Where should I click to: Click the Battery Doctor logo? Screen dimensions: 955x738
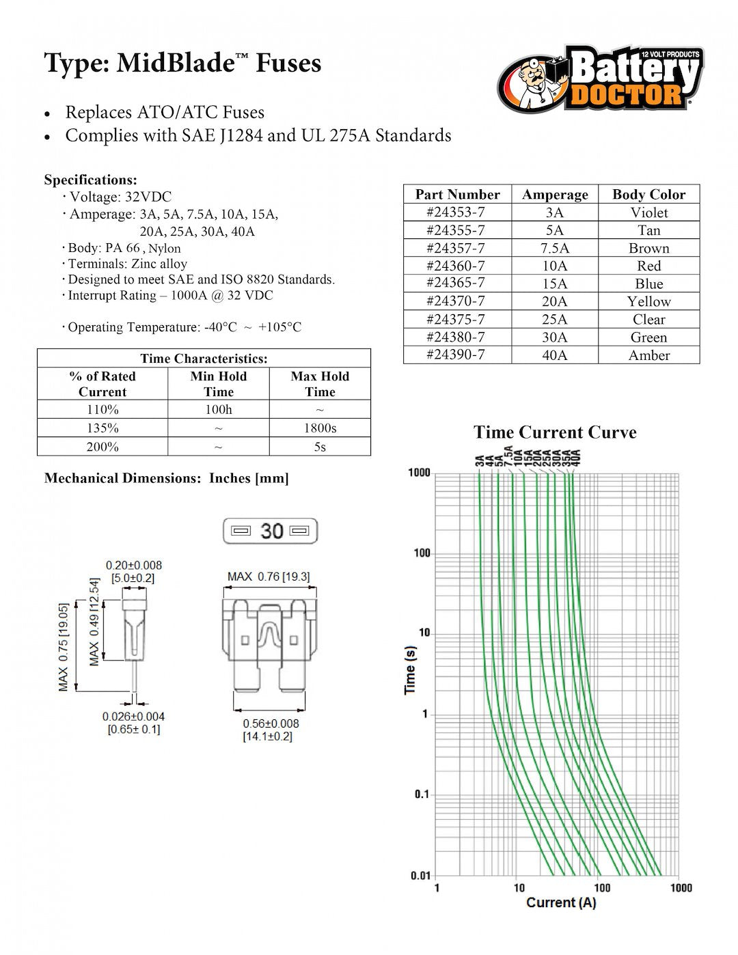pos(600,79)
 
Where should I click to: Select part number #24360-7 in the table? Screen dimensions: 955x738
pos(456,266)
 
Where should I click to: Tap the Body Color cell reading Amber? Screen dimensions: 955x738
pos(648,355)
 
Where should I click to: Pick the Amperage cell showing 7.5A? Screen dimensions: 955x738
pos(554,248)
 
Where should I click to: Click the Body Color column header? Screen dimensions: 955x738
pos(648,194)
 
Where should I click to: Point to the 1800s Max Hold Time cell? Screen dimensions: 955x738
pos(320,428)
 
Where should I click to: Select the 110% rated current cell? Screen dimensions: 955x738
pos(102,410)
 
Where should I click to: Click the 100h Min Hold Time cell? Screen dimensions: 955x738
pos(219,410)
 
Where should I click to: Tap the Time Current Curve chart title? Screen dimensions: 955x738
pos(555,432)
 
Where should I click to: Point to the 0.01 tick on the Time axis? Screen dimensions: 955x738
pos(420,875)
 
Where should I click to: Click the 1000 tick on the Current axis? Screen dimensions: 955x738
pos(681,887)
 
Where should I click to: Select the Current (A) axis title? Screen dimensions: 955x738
pos(561,902)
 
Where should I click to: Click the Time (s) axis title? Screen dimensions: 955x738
pos(410,669)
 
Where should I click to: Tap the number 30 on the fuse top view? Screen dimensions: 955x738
pos(272,531)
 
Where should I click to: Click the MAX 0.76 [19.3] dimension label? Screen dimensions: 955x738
pos(269,577)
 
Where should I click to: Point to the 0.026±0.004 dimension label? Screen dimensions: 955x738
pos(134,717)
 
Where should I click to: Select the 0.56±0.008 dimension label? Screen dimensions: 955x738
pos(271,723)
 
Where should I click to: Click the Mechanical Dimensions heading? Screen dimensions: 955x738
pos(166,478)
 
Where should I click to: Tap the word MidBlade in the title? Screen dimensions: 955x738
pos(175,64)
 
